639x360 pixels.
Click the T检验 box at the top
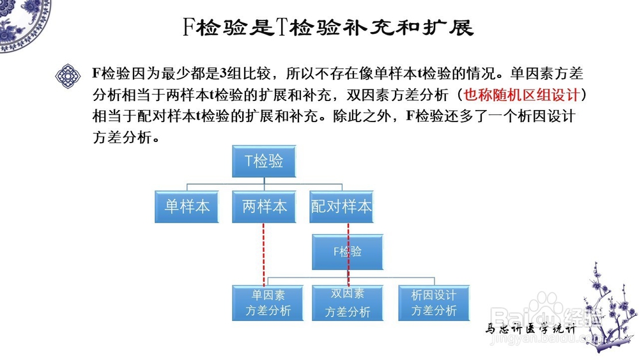tap(264, 162)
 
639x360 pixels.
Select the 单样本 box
tap(187, 206)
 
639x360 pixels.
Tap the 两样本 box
tap(264, 206)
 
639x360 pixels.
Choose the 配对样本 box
tap(341, 206)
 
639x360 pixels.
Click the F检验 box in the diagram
tap(348, 251)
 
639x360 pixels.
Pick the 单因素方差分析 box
tap(267, 302)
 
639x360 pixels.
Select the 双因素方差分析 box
tap(348, 302)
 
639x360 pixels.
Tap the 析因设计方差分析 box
tap(433, 302)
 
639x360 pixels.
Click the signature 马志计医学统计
tap(531, 330)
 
